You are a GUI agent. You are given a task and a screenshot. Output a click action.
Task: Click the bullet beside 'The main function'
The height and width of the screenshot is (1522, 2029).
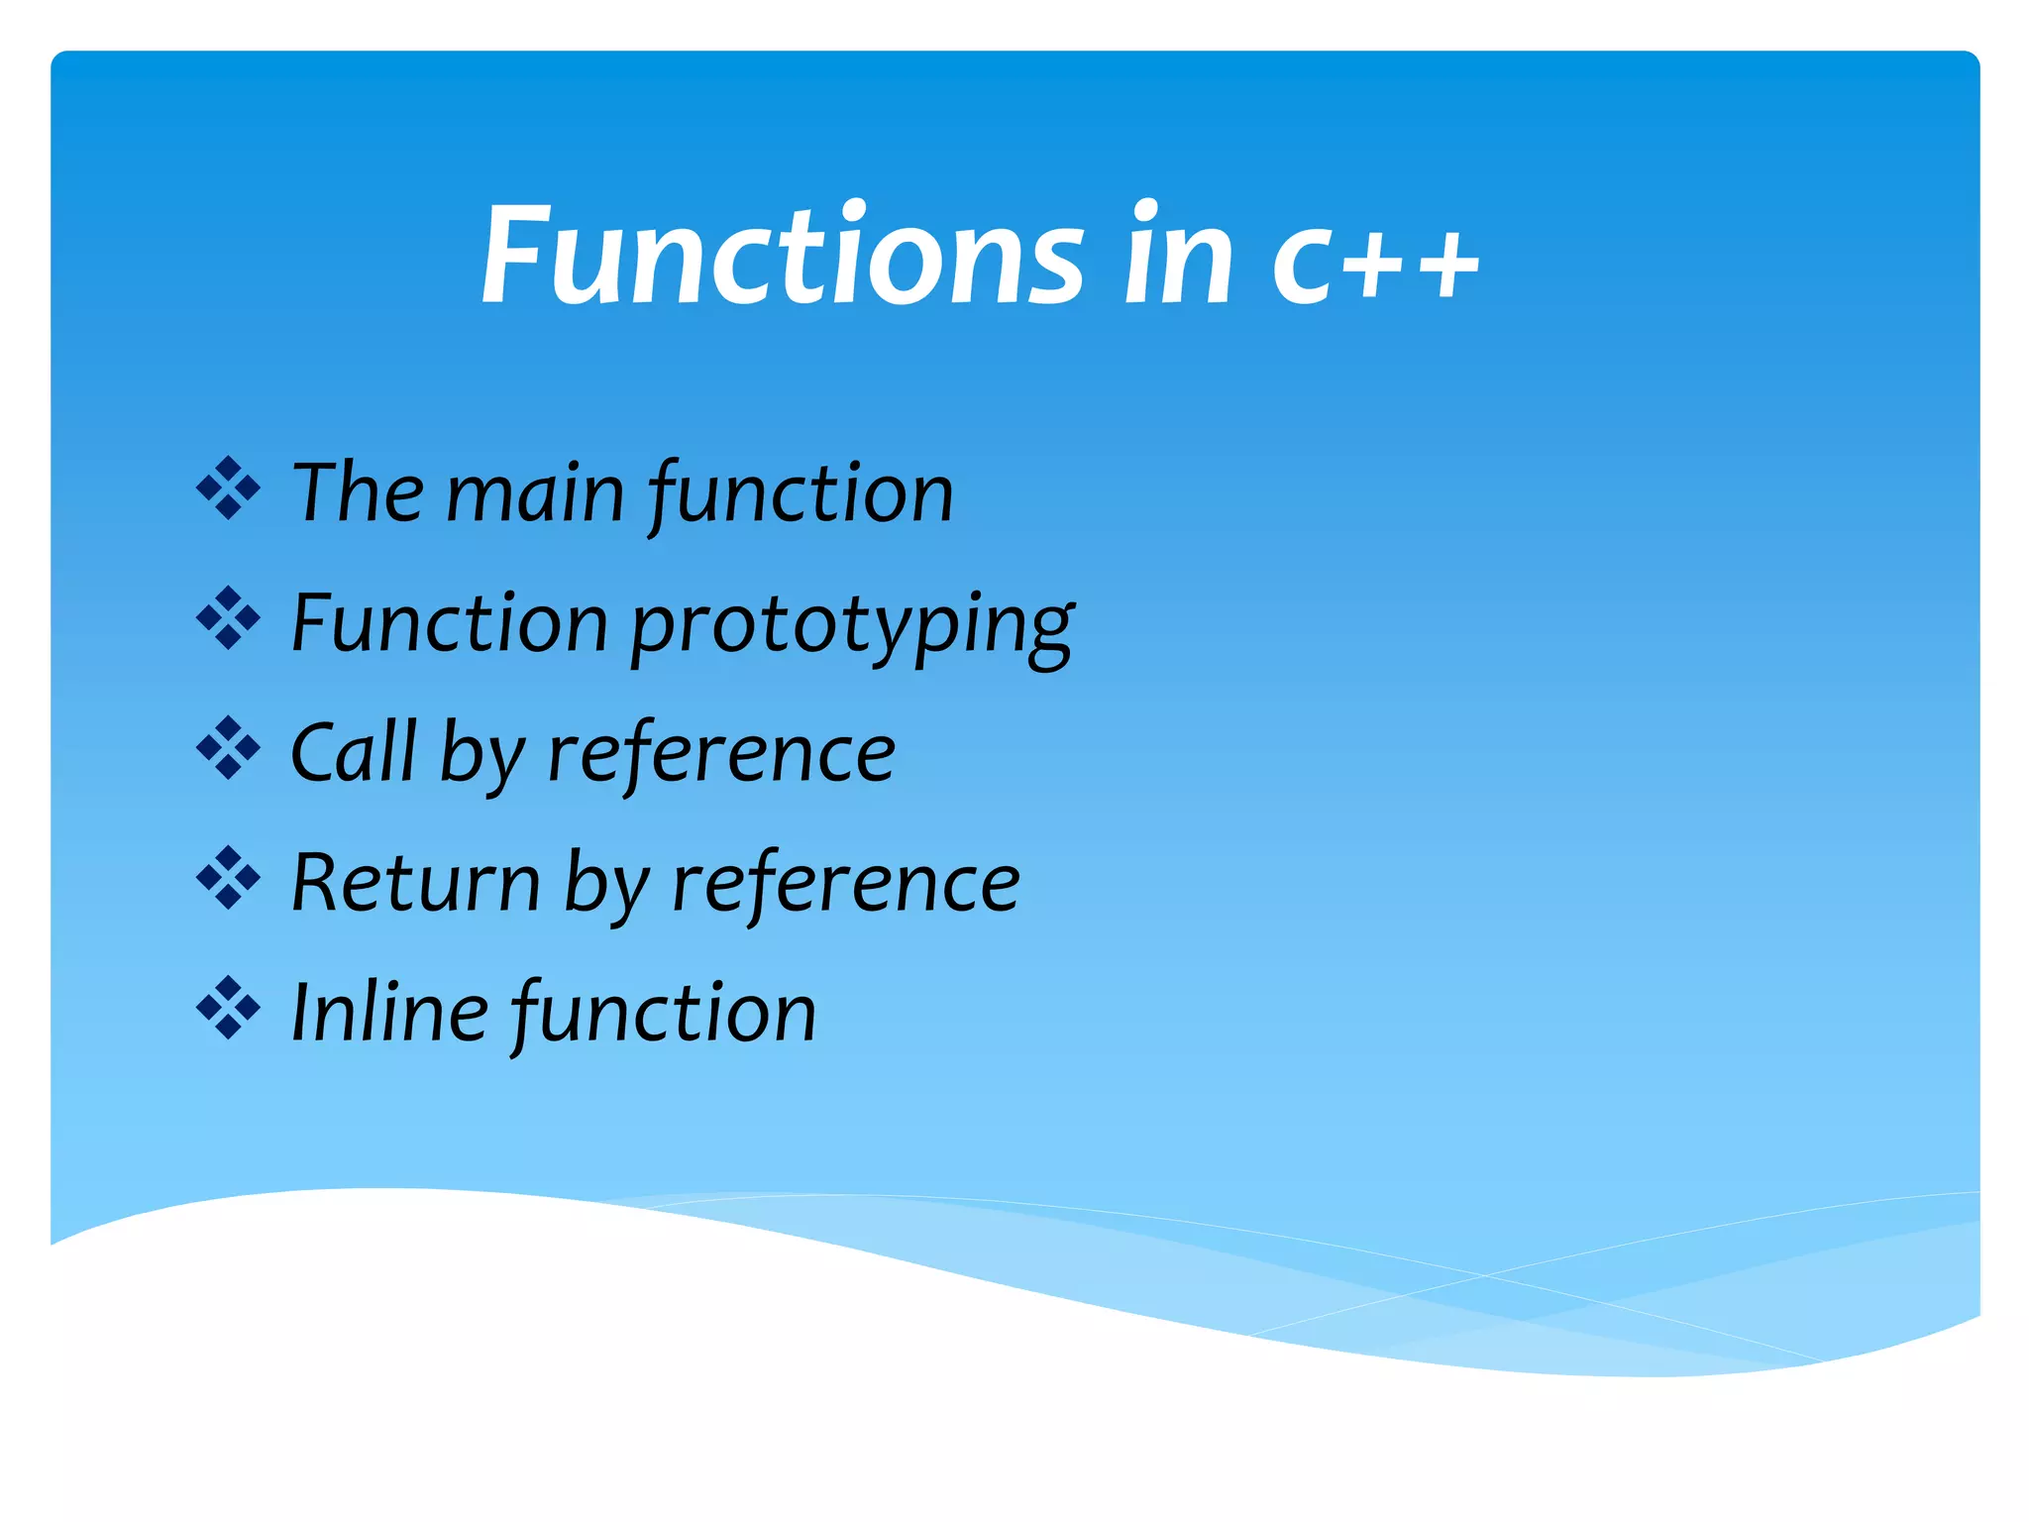(228, 489)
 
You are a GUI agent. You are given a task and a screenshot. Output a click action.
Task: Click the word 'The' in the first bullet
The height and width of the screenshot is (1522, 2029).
(357, 492)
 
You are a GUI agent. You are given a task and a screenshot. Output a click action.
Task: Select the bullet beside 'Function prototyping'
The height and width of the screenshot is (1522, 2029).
(228, 618)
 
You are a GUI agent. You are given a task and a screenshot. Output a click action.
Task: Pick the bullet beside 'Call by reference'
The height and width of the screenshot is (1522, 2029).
(228, 748)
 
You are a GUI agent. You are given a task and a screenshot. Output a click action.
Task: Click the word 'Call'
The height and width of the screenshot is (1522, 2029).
(353, 753)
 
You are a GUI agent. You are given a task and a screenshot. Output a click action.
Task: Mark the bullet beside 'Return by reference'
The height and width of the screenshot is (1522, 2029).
(228, 878)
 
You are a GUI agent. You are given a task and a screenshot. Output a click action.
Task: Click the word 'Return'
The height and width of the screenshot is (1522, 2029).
(416, 883)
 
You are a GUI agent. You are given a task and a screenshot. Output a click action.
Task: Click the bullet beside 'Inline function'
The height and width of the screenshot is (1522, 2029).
(228, 1009)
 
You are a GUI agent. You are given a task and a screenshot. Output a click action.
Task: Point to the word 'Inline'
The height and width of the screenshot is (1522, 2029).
(389, 1013)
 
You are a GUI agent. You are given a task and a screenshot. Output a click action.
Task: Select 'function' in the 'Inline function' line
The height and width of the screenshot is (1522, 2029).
(664, 1014)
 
